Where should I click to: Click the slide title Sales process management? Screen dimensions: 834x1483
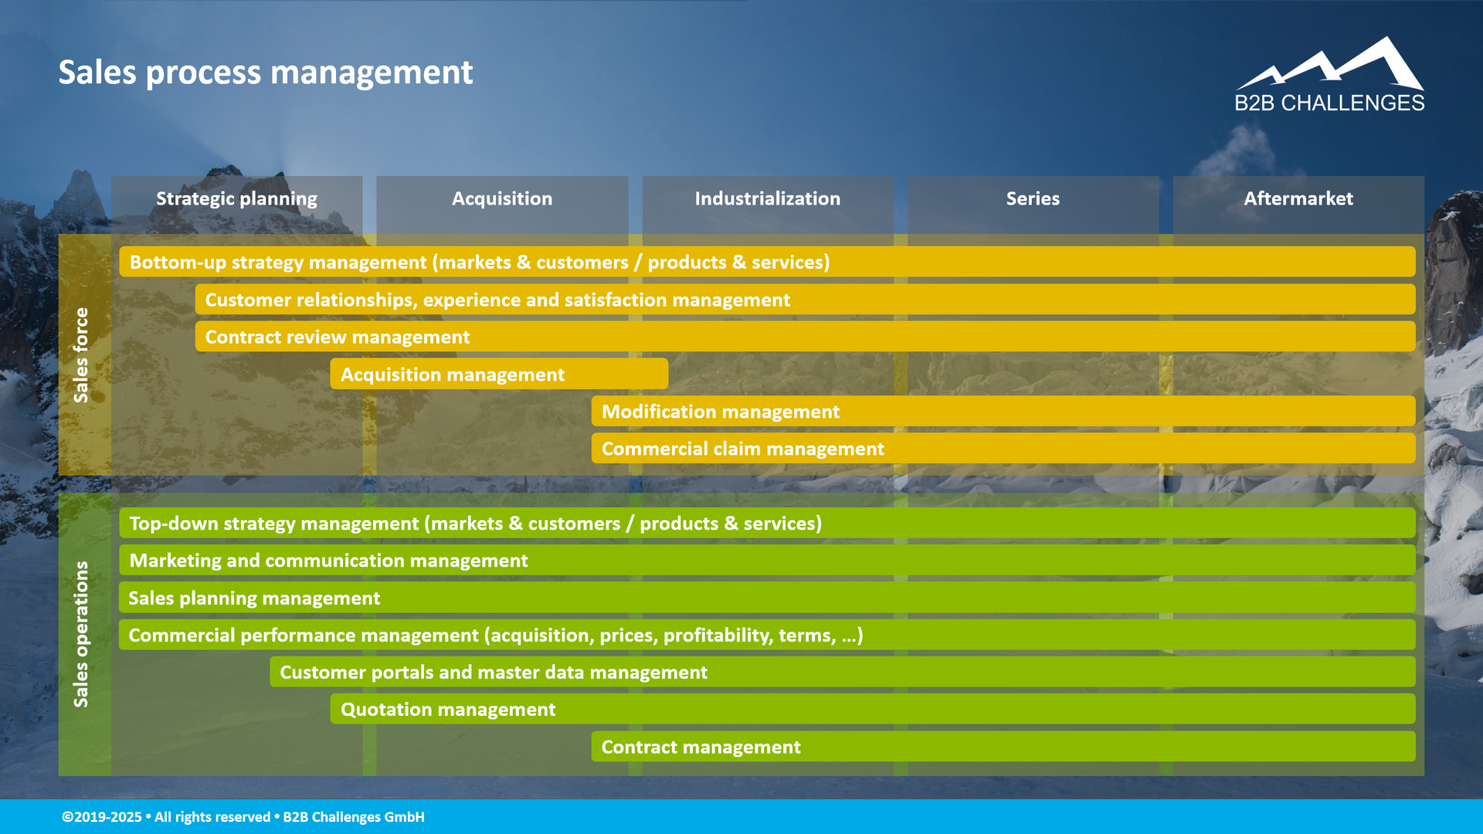click(265, 73)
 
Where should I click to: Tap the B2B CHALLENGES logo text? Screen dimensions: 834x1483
click(1329, 103)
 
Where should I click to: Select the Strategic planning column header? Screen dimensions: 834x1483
click(236, 199)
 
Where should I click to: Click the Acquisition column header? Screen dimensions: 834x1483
click(502, 199)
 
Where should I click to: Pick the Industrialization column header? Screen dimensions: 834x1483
click(767, 199)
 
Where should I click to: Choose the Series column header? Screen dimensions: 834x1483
click(1033, 199)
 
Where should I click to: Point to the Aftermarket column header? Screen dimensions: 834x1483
click(1298, 199)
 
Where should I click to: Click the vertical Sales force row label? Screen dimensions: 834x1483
click(81, 355)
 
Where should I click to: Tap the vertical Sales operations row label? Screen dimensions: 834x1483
click(81, 634)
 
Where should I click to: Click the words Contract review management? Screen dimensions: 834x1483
click(337, 337)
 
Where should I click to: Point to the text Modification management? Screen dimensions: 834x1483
click(720, 412)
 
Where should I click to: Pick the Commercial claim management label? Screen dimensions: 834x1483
click(742, 449)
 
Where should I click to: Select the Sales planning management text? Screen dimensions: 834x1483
click(254, 598)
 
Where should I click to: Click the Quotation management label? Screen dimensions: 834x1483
click(448, 710)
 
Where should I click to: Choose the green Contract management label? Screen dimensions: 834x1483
click(701, 748)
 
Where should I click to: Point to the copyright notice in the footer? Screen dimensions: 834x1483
click(243, 817)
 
